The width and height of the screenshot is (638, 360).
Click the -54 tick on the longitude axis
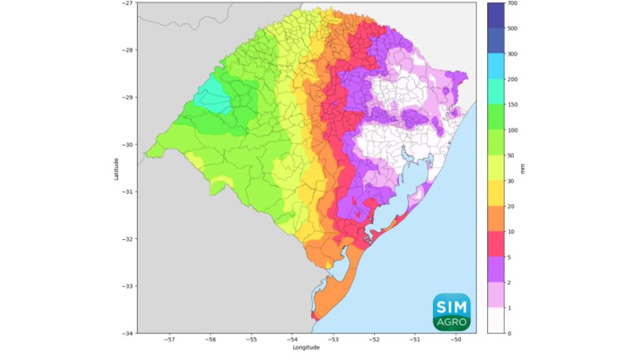[293, 339]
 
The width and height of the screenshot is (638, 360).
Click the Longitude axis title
[307, 348]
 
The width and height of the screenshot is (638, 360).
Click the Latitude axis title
[117, 168]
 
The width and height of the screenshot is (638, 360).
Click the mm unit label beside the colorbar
[523, 168]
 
